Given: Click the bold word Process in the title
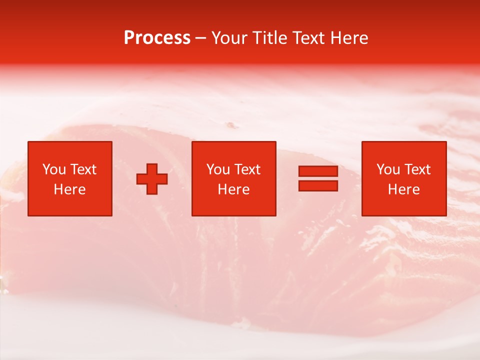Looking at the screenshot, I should coord(157,38).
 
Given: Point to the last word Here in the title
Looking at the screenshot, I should coord(350,38).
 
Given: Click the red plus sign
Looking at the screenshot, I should coord(152,178).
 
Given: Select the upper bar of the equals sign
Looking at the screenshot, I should coord(318,171).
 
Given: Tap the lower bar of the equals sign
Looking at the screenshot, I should coord(318,185).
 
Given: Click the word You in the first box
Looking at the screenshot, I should coord(53,169).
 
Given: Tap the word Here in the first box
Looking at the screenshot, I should coord(69,189).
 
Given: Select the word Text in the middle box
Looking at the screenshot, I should coord(247,169).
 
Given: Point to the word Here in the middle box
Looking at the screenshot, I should coord(233,189).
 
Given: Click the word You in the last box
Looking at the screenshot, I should coord(388,169).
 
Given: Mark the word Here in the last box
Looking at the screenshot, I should coord(404,189).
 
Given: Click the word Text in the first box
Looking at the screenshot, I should coord(83,169).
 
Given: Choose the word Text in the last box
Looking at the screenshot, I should coord(417,169).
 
